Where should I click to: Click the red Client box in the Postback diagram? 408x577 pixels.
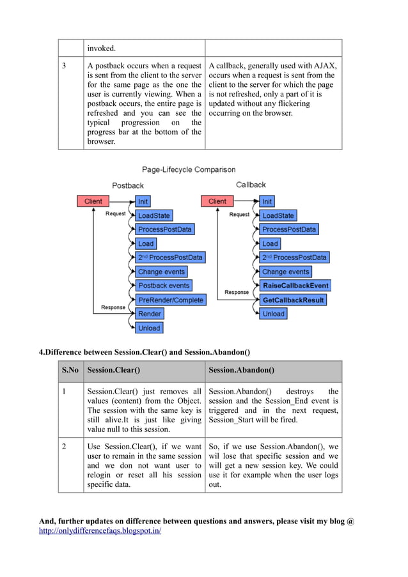[93, 201]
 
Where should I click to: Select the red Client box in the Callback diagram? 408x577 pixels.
[217, 201]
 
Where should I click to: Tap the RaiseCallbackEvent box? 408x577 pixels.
[295, 286]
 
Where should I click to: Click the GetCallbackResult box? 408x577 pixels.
[293, 300]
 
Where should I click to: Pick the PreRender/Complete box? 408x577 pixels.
[170, 300]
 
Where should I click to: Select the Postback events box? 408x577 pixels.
[164, 286]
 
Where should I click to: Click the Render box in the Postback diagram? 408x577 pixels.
[150, 314]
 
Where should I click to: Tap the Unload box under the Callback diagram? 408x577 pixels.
[273, 314]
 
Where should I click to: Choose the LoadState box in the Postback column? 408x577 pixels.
[154, 215]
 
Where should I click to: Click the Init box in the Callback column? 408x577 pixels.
[267, 201]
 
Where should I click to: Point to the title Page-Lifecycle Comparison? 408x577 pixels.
[189, 170]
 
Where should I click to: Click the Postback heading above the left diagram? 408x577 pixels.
[128, 186]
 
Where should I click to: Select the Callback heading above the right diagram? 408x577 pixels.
[251, 185]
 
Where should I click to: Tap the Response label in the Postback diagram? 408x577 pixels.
[113, 307]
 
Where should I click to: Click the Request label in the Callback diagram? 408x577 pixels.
[239, 215]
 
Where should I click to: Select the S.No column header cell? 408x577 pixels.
[70, 370]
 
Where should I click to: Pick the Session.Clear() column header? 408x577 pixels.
[114, 370]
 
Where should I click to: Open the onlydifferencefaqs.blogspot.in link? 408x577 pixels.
[100, 531]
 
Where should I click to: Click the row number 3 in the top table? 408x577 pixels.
[64, 66]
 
